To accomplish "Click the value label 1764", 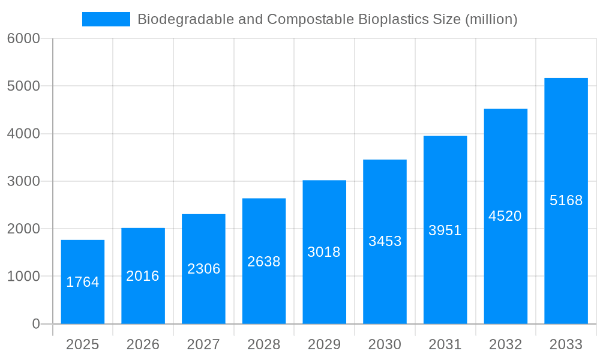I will coord(83,282).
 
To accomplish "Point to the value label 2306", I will coord(203,269).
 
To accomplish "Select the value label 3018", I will coord(324,252).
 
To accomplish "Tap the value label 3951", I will coord(445,230).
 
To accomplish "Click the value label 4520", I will coord(505,216).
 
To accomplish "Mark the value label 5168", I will coord(566,200).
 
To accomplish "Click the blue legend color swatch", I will coord(106,19).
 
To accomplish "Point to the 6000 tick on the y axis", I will coord(23,38).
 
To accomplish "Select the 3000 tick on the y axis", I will coord(23,181).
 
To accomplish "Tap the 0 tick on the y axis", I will coord(35,324).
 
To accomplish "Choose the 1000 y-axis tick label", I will coord(23,277).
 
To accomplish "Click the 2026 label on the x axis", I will coord(143,344).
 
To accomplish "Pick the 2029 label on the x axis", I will coord(324,344).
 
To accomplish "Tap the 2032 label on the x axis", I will coord(505,344).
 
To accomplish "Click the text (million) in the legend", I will coord(491,19).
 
